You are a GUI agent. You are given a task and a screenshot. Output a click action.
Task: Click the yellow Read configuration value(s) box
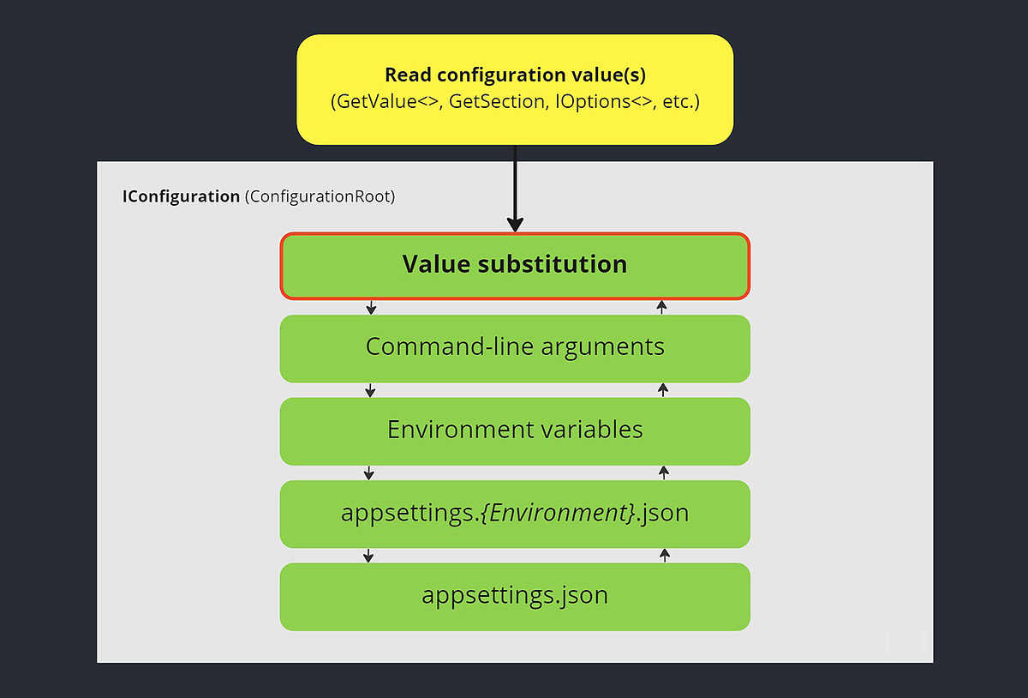pyautogui.click(x=515, y=89)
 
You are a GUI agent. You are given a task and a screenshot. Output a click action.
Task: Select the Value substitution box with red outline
pyautogui.click(x=515, y=265)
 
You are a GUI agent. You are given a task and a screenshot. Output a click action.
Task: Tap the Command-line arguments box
pyautogui.click(x=515, y=347)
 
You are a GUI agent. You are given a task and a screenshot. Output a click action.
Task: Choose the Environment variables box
pyautogui.click(x=515, y=430)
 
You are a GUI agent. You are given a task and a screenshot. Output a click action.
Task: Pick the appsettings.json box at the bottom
pyautogui.click(x=515, y=596)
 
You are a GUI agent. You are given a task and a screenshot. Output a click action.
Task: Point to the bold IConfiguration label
pyautogui.click(x=181, y=196)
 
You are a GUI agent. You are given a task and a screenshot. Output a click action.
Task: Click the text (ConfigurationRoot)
pyautogui.click(x=320, y=196)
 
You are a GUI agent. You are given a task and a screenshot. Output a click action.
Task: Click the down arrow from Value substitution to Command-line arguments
pyautogui.click(x=370, y=307)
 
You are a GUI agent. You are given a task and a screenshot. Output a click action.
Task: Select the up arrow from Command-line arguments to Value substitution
pyautogui.click(x=662, y=307)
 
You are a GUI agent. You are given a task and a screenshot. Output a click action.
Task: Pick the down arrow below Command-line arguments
pyautogui.click(x=370, y=390)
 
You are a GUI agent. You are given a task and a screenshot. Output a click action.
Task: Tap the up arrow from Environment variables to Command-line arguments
pyautogui.click(x=662, y=390)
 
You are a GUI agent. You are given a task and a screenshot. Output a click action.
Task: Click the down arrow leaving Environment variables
pyautogui.click(x=369, y=472)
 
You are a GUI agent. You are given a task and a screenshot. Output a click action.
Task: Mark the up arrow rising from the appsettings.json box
pyautogui.click(x=664, y=556)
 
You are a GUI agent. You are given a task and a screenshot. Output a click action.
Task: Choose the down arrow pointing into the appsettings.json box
pyautogui.click(x=368, y=556)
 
